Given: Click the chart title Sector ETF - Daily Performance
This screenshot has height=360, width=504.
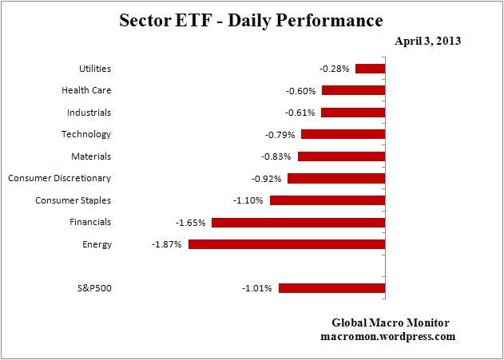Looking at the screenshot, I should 251,19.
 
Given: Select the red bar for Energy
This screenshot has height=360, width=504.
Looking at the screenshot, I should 287,244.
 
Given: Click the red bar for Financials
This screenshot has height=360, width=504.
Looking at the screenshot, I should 298,222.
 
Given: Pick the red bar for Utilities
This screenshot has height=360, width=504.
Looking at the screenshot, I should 370,69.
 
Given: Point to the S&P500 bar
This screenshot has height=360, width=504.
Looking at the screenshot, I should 331,287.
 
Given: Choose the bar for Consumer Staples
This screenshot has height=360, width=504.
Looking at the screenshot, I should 327,200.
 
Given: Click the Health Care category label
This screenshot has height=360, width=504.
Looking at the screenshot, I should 86,91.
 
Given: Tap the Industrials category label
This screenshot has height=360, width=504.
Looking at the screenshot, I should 86,113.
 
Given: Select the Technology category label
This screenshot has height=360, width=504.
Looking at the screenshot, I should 86,134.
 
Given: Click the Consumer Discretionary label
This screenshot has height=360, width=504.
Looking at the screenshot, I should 60,178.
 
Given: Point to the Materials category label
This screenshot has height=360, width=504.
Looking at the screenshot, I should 90,156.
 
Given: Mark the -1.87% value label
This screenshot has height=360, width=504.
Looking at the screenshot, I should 165,244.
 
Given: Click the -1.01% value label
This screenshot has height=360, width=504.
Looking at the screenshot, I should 257,287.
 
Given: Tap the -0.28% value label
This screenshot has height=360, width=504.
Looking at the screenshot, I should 334,69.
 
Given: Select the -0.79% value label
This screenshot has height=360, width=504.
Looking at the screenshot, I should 280,135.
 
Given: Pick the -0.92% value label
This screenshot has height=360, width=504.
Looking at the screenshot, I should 266,178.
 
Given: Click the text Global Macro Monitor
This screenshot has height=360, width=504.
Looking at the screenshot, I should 391,322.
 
